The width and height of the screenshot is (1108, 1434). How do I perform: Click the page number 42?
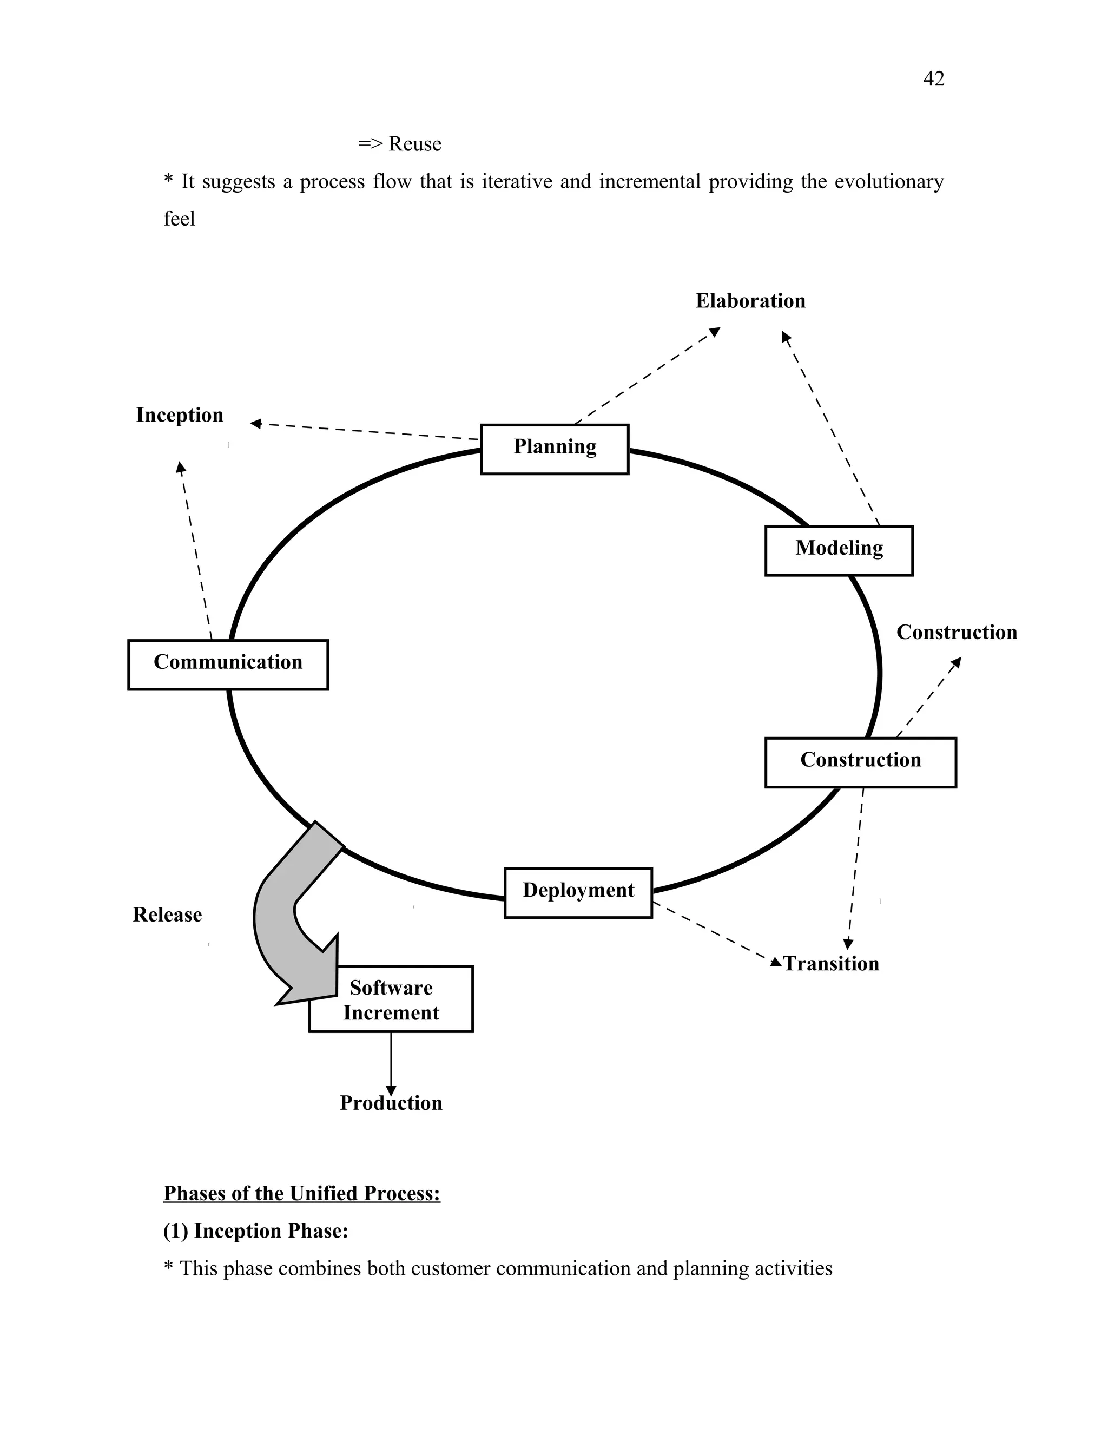pyautogui.click(x=933, y=79)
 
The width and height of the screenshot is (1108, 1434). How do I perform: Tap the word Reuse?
pyautogui.click(x=414, y=144)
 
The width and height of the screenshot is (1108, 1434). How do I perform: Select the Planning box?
pyautogui.click(x=555, y=449)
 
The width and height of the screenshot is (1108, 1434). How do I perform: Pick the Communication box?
pyautogui.click(x=228, y=665)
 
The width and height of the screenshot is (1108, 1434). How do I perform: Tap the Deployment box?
pyautogui.click(x=578, y=892)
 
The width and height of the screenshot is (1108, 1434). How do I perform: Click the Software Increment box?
pyautogui.click(x=391, y=1001)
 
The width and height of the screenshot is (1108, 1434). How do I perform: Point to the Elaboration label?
pyautogui.click(x=750, y=301)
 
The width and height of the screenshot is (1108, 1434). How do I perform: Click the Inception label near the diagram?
pyautogui.click(x=179, y=415)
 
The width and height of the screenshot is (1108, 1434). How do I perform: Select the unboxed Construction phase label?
pyautogui.click(x=957, y=632)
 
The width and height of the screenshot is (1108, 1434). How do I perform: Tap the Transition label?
pyautogui.click(x=830, y=963)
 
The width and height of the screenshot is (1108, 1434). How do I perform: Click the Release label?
pyautogui.click(x=167, y=915)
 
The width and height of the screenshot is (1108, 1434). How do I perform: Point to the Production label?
pyautogui.click(x=391, y=1103)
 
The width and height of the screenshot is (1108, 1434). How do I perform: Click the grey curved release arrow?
pyautogui.click(x=279, y=913)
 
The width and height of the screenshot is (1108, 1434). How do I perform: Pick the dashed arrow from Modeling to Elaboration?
pyautogui.click(x=830, y=427)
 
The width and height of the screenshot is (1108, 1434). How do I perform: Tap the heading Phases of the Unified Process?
pyautogui.click(x=301, y=1193)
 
